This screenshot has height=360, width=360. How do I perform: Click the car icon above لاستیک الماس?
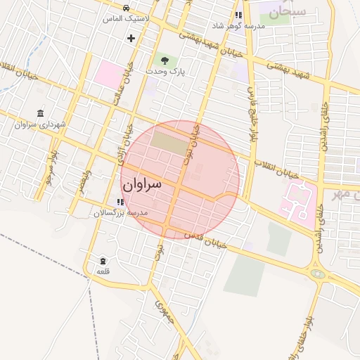(x=126, y=8)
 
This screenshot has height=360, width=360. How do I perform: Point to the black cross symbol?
(x=131, y=37)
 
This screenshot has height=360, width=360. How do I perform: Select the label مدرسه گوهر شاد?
(x=240, y=26)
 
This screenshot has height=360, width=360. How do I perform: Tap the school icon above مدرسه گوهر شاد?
(x=239, y=15)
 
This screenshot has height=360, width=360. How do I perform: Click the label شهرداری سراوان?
(x=40, y=124)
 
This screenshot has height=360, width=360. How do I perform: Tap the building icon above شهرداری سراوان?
(x=39, y=113)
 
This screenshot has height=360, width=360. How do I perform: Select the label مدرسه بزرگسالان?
(x=121, y=212)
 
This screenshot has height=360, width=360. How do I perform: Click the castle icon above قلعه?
(x=103, y=261)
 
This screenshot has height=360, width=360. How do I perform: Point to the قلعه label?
(x=104, y=271)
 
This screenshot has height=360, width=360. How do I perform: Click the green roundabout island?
(x=320, y=274)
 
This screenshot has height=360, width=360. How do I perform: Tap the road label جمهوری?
(x=164, y=310)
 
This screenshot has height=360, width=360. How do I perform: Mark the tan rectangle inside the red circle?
(x=169, y=140)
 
